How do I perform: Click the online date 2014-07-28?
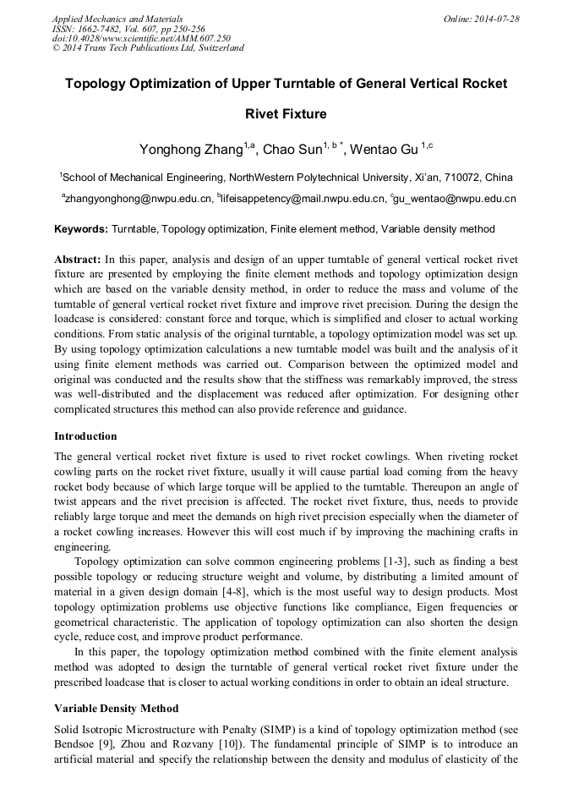click(x=496, y=18)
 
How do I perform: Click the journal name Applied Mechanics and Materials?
click(x=117, y=18)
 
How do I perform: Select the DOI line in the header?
click(x=141, y=38)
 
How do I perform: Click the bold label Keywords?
click(x=81, y=229)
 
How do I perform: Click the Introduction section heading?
click(x=85, y=436)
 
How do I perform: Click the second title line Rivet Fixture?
click(x=286, y=113)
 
